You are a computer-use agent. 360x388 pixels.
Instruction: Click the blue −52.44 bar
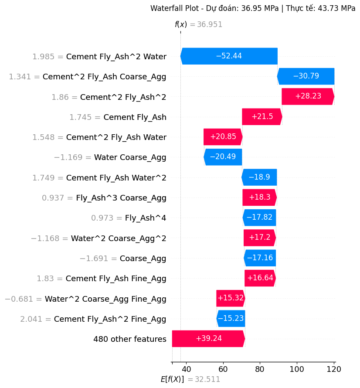(229, 56)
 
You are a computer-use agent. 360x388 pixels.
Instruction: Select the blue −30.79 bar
(306, 76)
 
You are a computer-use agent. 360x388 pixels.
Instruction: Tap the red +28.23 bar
(308, 96)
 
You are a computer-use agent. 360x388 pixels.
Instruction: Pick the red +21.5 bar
(262, 117)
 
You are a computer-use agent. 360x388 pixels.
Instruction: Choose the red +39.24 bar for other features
(208, 339)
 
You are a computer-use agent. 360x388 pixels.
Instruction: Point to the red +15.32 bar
(230, 298)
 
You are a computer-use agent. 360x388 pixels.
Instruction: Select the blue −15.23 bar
(231, 319)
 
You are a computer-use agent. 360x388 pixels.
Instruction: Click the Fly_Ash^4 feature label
(146, 218)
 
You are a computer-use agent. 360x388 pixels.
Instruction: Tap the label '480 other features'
(130, 339)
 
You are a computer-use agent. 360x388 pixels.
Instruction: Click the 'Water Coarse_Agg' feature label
(130, 157)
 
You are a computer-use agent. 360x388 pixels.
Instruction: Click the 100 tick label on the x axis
(297, 370)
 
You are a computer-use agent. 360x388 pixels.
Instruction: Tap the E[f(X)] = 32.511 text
(190, 379)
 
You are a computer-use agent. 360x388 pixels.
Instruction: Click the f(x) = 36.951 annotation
(198, 25)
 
